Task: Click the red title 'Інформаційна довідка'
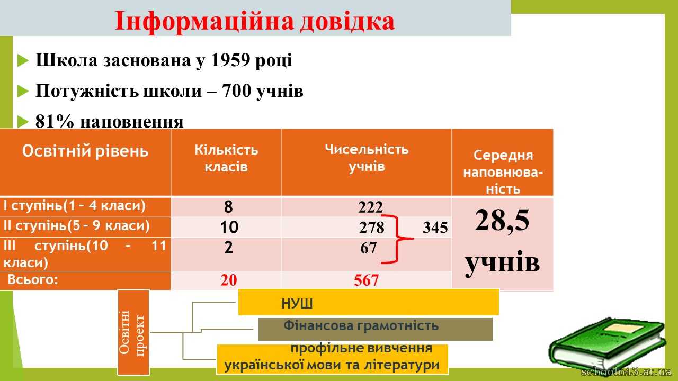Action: pos(255,21)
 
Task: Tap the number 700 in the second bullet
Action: pos(236,90)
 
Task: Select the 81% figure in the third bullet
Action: pos(55,122)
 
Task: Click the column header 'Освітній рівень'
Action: pos(85,151)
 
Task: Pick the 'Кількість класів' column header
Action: pos(226,158)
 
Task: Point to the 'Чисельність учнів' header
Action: pos(367,158)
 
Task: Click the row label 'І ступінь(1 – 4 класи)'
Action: pos(75,206)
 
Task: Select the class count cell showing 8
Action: pos(228,207)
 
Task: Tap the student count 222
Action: pos(370,207)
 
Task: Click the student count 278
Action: pos(372,228)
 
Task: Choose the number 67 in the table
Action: pos(368,248)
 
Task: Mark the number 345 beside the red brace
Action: pos(435,228)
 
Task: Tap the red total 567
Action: pos(366,280)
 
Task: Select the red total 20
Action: pos(228,280)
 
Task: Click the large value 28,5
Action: pos(502,221)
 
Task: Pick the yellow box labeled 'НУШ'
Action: pos(368,302)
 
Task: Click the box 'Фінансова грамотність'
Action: pos(376,329)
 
